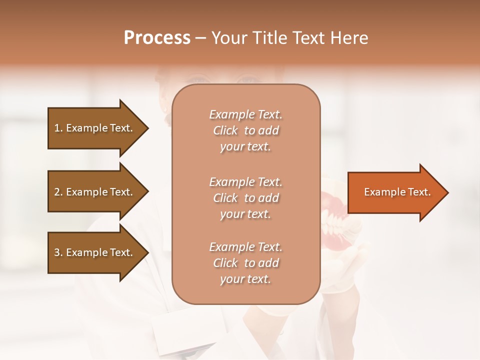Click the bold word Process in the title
pos(157,38)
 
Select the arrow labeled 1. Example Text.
pos(95,128)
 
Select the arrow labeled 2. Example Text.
pos(95,192)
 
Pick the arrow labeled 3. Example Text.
pos(95,252)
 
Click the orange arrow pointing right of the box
pos(395,192)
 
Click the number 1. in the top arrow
pos(58,128)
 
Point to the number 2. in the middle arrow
pos(58,192)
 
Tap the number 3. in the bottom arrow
pos(58,252)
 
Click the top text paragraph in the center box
pos(245,130)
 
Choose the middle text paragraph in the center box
pos(245,198)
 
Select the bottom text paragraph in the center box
pos(245,263)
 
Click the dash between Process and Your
pos(201,38)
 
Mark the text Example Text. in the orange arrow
pos(397,192)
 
